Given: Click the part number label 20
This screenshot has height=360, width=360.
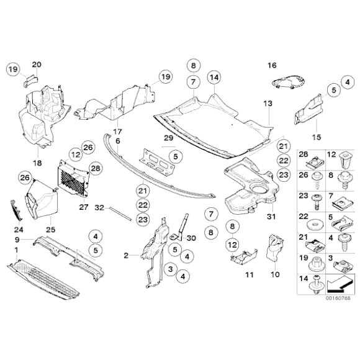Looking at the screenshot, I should pos(35,65).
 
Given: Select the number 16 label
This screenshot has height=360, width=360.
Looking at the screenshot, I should pos(272,65).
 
